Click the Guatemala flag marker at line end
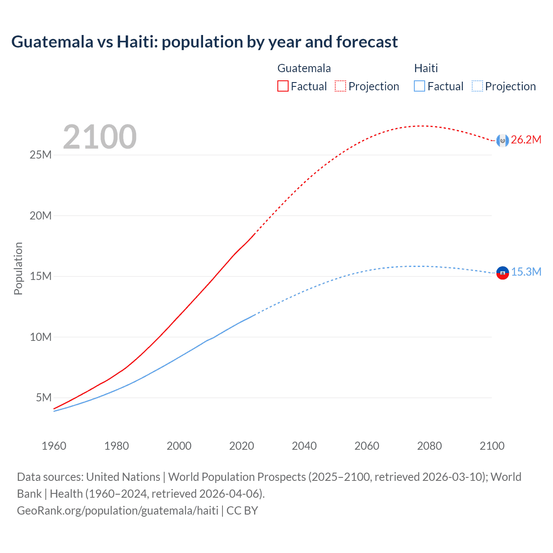click(x=502, y=140)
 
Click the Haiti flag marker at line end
click(x=502, y=273)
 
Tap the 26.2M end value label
click(x=526, y=140)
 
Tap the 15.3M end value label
click(x=526, y=272)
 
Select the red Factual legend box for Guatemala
click(x=283, y=86)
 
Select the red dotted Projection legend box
click(x=340, y=86)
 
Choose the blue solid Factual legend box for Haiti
click(x=420, y=86)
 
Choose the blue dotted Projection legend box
click(x=477, y=86)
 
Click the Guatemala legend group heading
click(x=304, y=68)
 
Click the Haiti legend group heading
click(x=426, y=68)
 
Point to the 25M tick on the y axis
click(x=41, y=155)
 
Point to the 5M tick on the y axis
click(x=44, y=397)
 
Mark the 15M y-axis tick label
click(x=41, y=276)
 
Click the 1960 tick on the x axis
click(x=54, y=446)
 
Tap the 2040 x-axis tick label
click(x=304, y=446)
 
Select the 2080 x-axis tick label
click(x=429, y=446)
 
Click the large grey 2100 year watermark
click(x=100, y=137)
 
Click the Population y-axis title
click(x=18, y=268)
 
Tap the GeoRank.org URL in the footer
click(x=118, y=511)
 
